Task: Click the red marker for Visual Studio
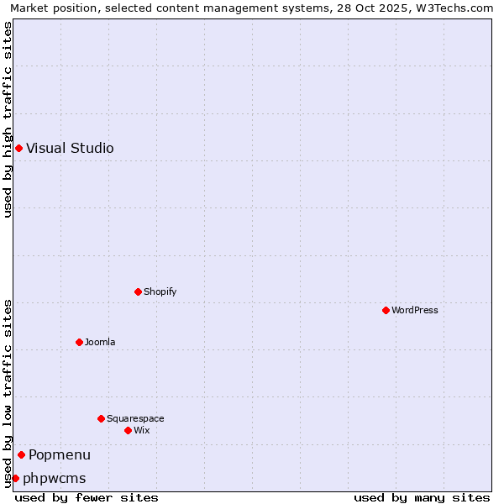[x=18, y=149]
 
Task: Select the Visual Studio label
[x=70, y=149]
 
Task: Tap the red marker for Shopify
[x=138, y=291]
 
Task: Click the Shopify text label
[x=160, y=292]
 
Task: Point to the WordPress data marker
[x=386, y=310]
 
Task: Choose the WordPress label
[x=414, y=311]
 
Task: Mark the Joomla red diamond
[x=79, y=342]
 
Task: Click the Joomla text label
[x=100, y=343]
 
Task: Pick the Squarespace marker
[x=101, y=418]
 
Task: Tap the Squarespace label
[x=135, y=419]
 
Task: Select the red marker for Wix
[x=128, y=430]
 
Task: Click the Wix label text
[x=142, y=431]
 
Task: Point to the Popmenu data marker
[x=21, y=454]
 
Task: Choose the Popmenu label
[x=60, y=455]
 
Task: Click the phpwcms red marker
[x=15, y=478]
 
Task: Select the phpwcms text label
[x=55, y=479]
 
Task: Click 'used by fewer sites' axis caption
[x=87, y=498]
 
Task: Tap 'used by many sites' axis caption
[x=422, y=498]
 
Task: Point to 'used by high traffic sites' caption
[x=8, y=119]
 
